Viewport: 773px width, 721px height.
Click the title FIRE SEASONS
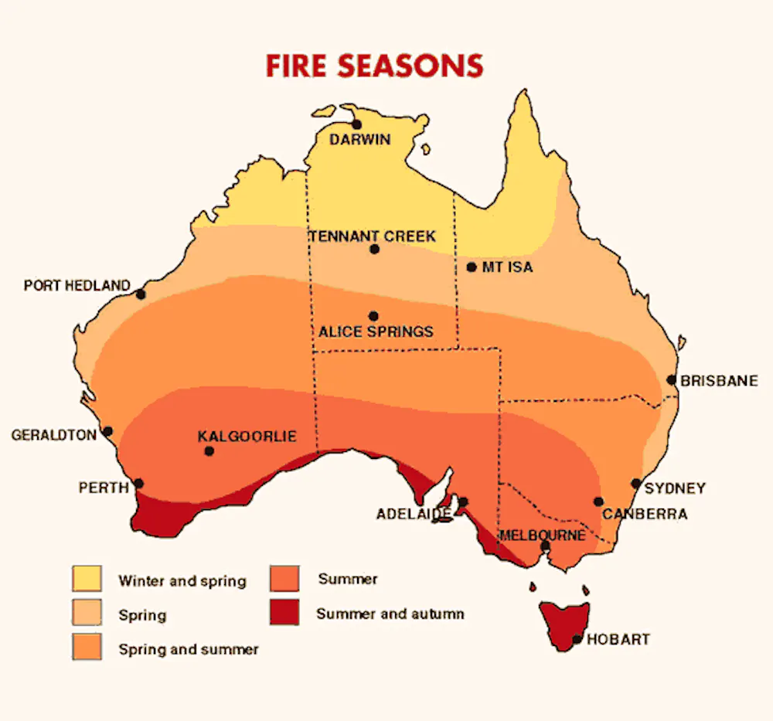(x=374, y=66)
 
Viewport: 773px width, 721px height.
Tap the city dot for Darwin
(x=356, y=124)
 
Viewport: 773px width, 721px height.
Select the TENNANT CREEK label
(x=373, y=236)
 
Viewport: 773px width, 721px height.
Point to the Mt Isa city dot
(x=472, y=267)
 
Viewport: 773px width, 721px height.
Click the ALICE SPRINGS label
(x=376, y=332)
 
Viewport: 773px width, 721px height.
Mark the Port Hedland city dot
(x=140, y=294)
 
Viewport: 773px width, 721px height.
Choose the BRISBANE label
(x=719, y=381)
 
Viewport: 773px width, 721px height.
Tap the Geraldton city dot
(x=107, y=431)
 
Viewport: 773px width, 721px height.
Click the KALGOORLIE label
(x=247, y=436)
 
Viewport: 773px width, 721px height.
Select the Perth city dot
(x=138, y=484)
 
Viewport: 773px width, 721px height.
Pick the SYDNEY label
(x=675, y=488)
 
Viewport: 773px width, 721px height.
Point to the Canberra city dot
(x=598, y=501)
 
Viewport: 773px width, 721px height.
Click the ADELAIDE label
(x=414, y=514)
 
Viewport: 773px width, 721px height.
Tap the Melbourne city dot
(x=545, y=546)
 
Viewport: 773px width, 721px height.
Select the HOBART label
(x=618, y=640)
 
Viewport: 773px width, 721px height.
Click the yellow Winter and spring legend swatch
(x=87, y=579)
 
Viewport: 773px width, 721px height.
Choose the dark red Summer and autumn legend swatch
(x=285, y=614)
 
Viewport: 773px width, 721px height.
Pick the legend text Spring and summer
(x=188, y=649)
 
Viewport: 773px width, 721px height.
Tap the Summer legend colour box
(x=285, y=578)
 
